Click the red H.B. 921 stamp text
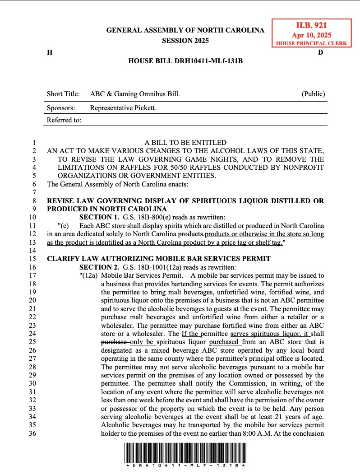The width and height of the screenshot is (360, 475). [x=312, y=26]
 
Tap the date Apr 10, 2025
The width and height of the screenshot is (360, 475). [x=312, y=35]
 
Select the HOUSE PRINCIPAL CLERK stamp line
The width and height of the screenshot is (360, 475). [x=312, y=43]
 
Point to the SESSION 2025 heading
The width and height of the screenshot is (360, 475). [x=185, y=41]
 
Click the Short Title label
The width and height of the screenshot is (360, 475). [x=63, y=94]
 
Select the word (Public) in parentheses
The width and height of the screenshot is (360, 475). [x=313, y=94]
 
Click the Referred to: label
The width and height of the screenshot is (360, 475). [x=64, y=120]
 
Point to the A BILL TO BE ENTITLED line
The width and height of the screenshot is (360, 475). [x=185, y=143]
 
